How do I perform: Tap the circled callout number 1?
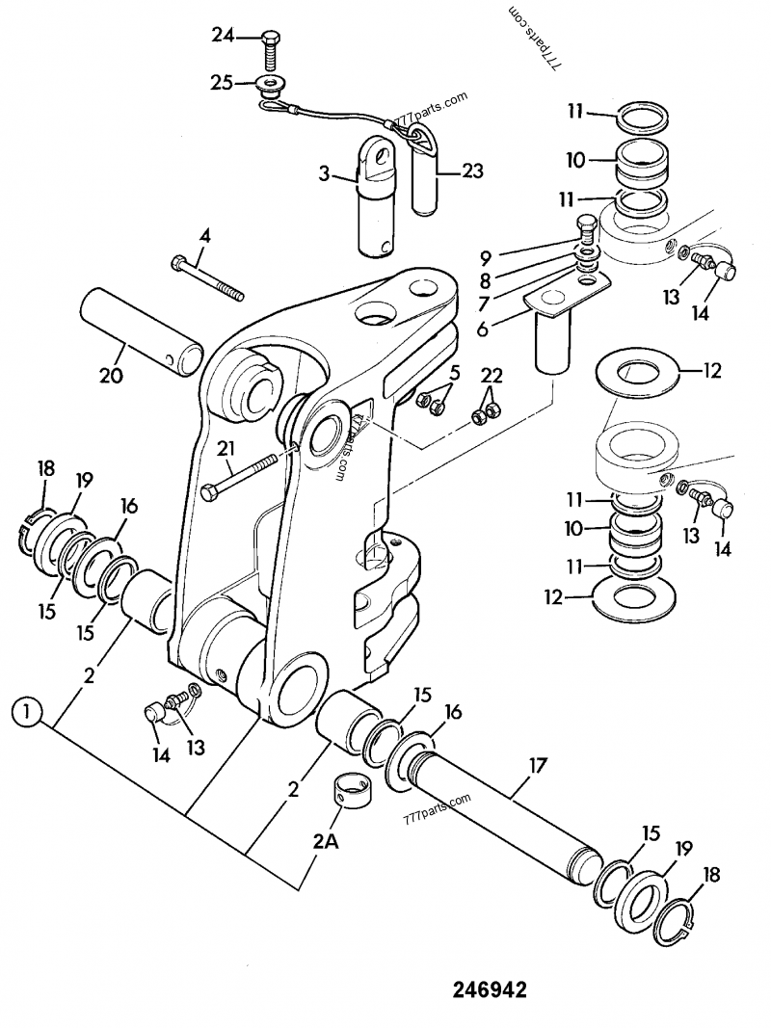pyautogui.click(x=27, y=715)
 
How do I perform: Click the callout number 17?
pyautogui.click(x=536, y=767)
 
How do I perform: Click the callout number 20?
pyautogui.click(x=111, y=376)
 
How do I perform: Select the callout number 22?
pyautogui.click(x=492, y=375)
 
